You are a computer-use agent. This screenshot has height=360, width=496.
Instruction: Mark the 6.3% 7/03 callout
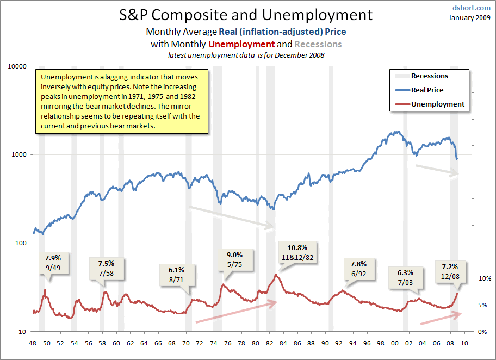(405, 277)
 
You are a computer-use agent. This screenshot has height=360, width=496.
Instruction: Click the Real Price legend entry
(427, 90)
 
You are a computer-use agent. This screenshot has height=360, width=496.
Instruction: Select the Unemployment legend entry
(437, 104)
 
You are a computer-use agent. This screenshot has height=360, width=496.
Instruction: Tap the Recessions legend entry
(429, 76)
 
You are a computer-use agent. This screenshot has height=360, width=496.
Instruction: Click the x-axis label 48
(33, 344)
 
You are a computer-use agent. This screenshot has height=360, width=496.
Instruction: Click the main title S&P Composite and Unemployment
(246, 14)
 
